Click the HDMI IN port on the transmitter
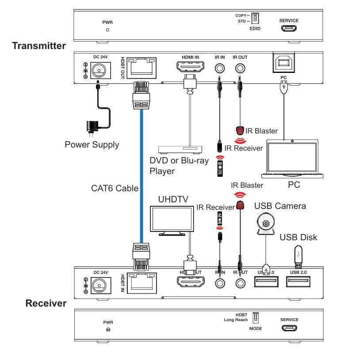tap(190, 68)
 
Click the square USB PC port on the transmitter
tap(283, 64)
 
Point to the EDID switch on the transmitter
tap(255, 19)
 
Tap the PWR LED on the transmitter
tap(107, 30)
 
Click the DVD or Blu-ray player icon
tap(180, 149)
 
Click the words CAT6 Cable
tap(115, 188)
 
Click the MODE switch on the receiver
tap(255, 318)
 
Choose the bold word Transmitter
tap(39, 45)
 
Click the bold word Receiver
tap(46, 303)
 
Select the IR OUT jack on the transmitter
tap(240, 68)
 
